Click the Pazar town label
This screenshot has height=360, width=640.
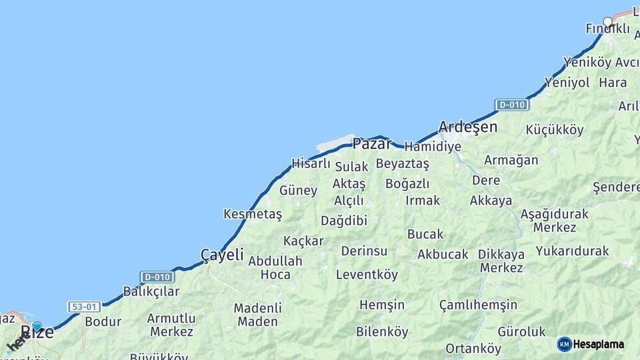click(x=372, y=143)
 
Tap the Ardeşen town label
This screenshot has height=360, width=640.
click(x=468, y=127)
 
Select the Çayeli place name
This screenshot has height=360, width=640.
click(x=222, y=255)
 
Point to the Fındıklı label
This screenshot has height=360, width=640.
click(x=607, y=29)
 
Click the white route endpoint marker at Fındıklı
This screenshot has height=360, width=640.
click(x=607, y=21)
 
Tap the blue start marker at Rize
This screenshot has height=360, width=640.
click(x=37, y=327)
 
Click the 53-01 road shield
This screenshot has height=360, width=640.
click(x=84, y=307)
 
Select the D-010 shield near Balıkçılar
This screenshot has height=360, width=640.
click(x=157, y=276)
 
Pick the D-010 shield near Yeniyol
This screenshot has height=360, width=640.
click(x=511, y=105)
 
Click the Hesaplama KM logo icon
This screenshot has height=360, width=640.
click(x=565, y=344)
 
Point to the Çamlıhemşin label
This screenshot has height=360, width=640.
click(x=478, y=305)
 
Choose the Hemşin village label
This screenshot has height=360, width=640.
click(x=382, y=305)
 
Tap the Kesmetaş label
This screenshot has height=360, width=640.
click(x=253, y=214)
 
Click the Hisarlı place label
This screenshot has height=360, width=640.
click(x=311, y=163)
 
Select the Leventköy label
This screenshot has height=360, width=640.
click(x=367, y=274)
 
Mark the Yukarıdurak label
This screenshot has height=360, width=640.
click(x=572, y=251)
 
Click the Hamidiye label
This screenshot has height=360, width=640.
click(x=433, y=146)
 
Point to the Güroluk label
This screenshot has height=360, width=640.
click(x=521, y=331)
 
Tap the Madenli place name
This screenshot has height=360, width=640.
click(x=257, y=308)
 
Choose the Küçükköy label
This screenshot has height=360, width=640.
click(x=555, y=130)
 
